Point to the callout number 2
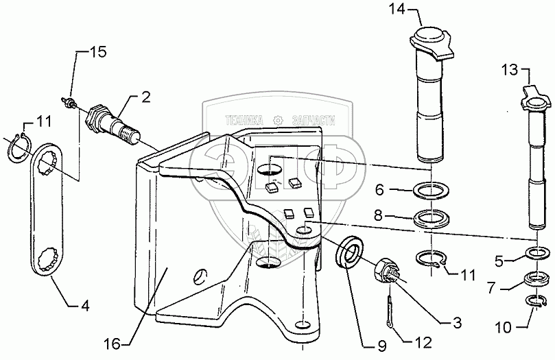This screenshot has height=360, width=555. point(145,98)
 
